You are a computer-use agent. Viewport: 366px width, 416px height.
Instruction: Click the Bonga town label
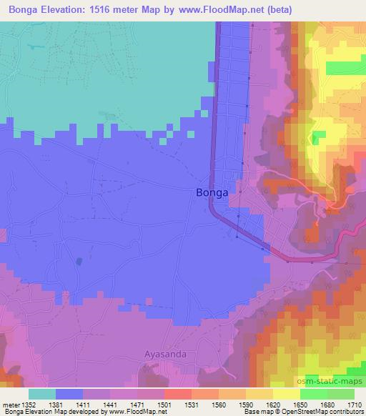click(212, 192)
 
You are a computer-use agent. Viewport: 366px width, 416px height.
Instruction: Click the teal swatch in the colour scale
click(42, 394)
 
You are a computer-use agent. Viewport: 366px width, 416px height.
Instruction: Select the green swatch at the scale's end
click(340, 394)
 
